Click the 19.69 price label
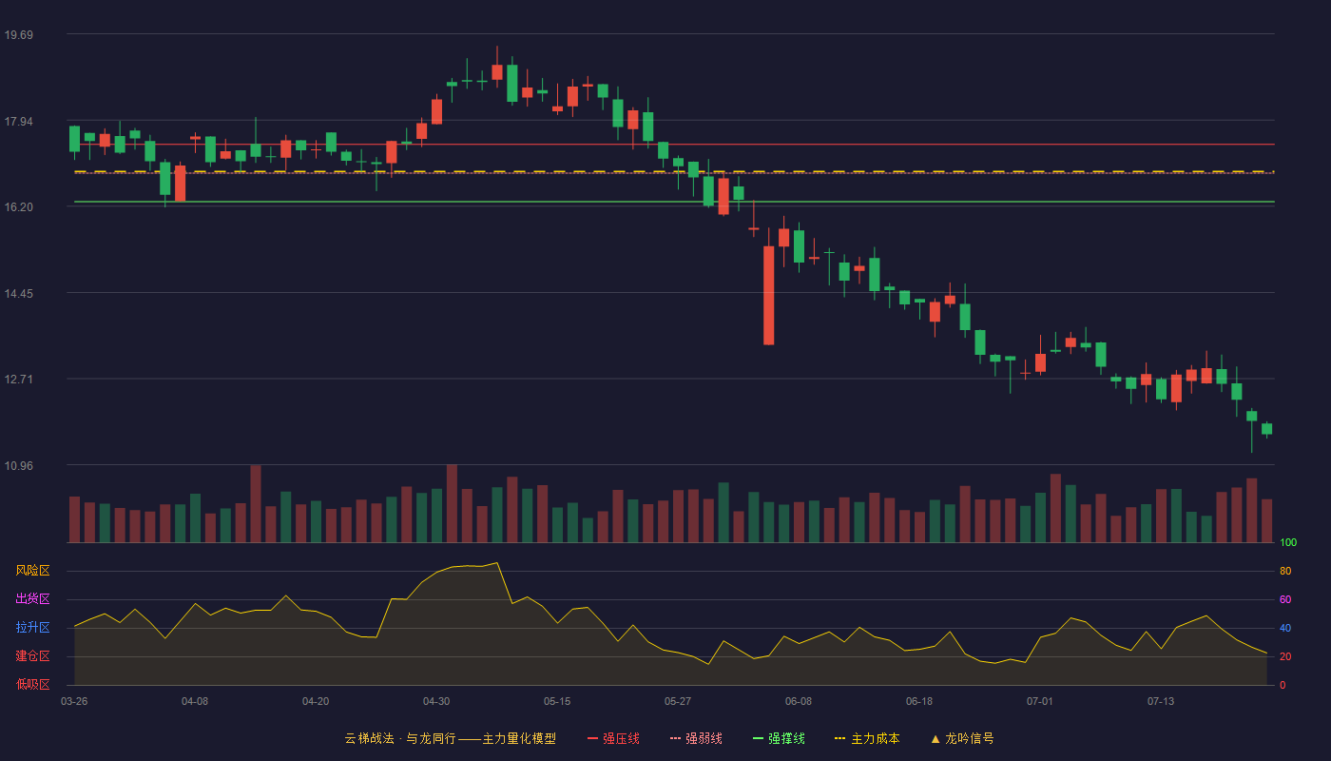[18, 35]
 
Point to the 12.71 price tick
[18, 380]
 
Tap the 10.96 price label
[18, 465]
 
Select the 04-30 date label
[436, 702]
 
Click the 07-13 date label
[1161, 702]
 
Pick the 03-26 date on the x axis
[74, 702]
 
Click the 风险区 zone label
[32, 571]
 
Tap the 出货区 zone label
[32, 598]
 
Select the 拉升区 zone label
[32, 627]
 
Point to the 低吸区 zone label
[32, 684]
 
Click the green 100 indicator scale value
[1288, 542]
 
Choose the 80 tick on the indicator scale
[1285, 571]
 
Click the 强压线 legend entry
[613, 738]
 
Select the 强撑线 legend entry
[779, 738]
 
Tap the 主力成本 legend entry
[867, 738]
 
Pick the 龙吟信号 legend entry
[962, 738]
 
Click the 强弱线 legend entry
[696, 738]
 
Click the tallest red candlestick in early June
[768, 296]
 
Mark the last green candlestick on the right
[1266, 429]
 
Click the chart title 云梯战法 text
[369, 738]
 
